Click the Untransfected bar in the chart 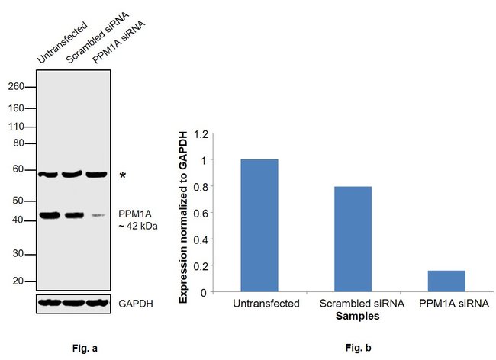click(259, 226)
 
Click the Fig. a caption click(80, 348)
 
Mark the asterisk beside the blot click(123, 177)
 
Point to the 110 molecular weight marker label click(17, 126)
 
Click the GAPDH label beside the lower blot click(135, 303)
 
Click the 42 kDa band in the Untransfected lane click(49, 215)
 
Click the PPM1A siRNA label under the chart click(446, 303)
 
